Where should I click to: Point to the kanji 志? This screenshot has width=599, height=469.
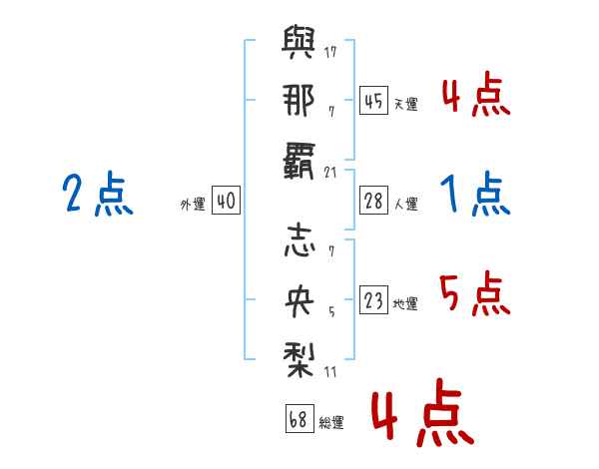[297, 243]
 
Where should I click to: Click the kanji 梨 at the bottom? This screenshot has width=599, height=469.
[297, 355]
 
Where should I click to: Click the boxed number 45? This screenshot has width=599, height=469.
[373, 101]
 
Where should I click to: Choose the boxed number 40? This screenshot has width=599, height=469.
[226, 202]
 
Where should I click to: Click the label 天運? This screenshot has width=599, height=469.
[404, 104]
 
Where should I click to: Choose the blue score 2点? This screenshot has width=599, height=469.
[98, 194]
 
